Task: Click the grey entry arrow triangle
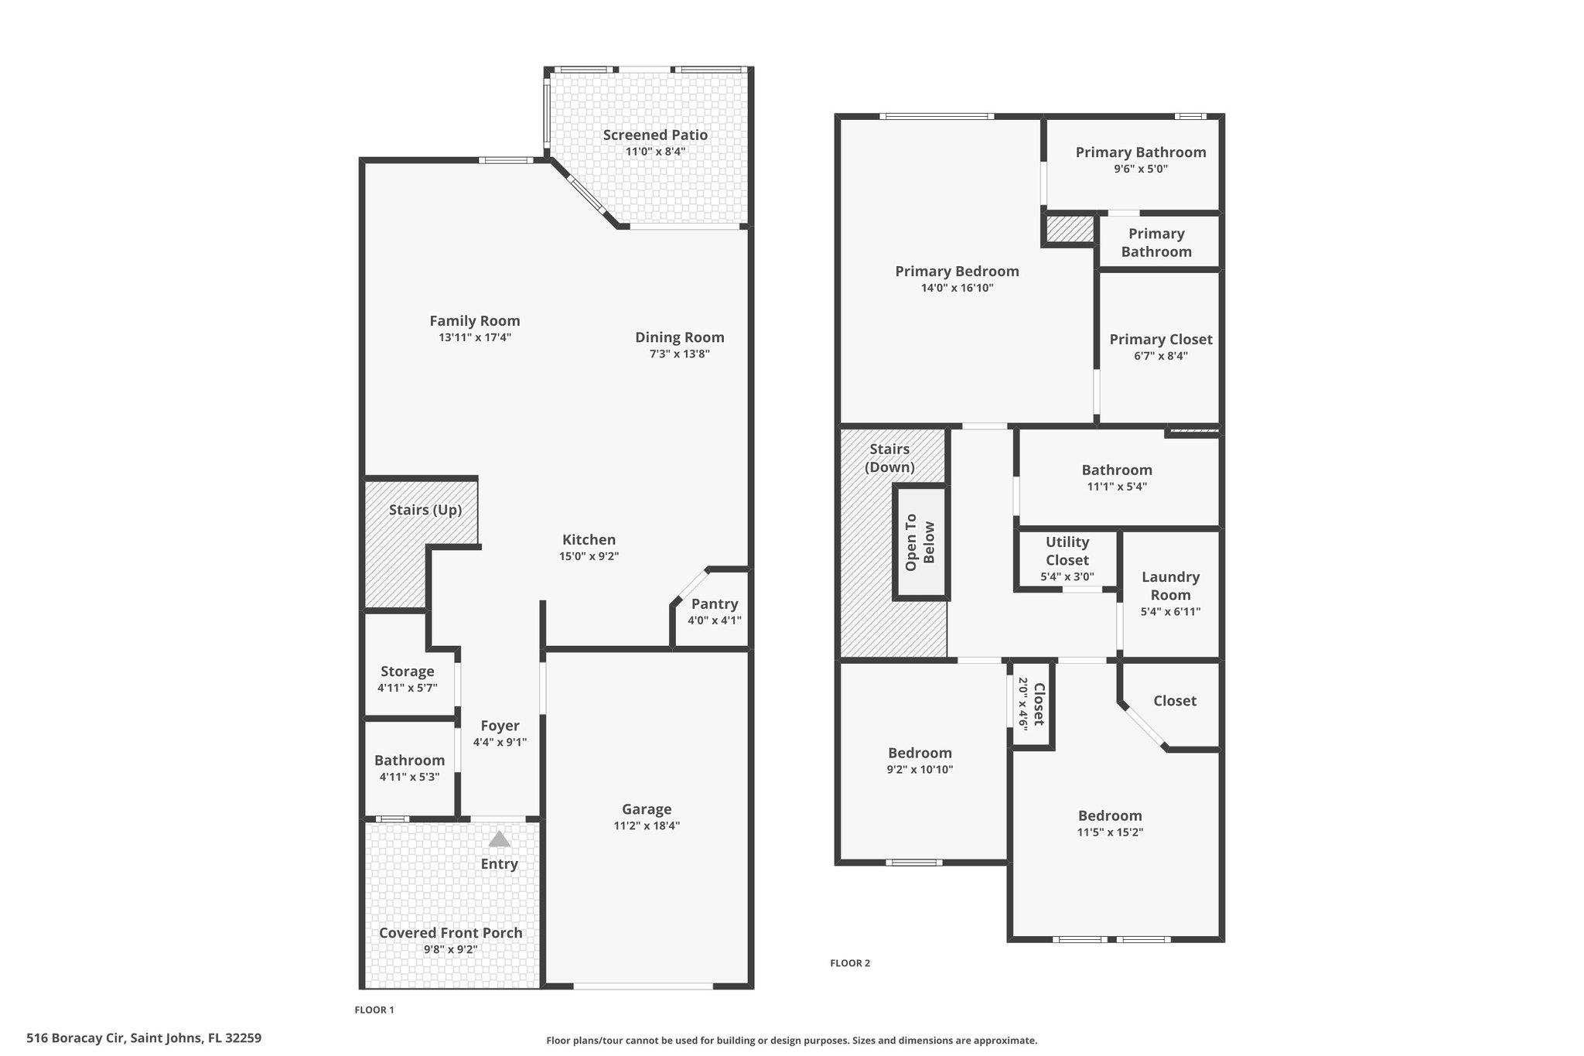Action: click(500, 839)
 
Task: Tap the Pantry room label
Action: click(715, 604)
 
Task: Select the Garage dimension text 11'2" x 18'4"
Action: click(647, 825)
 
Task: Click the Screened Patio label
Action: click(655, 135)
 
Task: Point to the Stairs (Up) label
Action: click(425, 510)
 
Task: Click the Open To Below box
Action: click(920, 542)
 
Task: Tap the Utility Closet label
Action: click(1067, 551)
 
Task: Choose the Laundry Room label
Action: click(1170, 586)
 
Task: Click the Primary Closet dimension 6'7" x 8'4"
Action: click(1160, 356)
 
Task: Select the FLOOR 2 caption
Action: click(850, 963)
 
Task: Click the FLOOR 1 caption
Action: click(374, 1010)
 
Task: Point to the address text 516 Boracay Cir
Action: click(76, 1037)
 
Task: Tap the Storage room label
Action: click(408, 672)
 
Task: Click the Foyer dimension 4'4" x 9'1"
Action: click(500, 742)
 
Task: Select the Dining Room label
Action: click(680, 337)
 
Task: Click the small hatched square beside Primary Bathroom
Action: click(1070, 229)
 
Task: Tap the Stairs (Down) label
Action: click(889, 458)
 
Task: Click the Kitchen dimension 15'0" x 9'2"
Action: click(589, 556)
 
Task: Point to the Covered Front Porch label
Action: click(451, 933)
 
